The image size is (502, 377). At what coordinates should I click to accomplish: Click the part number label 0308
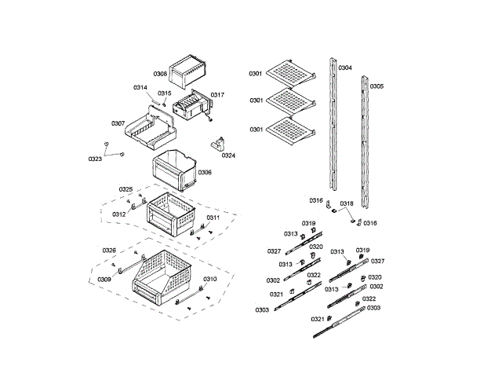160,74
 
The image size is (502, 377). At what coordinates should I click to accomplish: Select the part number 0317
217,95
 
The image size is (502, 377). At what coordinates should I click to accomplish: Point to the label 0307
118,123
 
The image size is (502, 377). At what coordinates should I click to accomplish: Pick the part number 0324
228,156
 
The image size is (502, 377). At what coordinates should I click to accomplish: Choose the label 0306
204,172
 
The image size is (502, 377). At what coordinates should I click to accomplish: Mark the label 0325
125,189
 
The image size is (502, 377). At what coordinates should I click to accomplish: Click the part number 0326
109,250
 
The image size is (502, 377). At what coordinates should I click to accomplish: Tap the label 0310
210,279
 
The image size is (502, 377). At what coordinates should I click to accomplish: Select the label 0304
345,68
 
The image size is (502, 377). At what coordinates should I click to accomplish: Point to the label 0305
377,86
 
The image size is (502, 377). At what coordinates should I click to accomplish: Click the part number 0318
346,203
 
